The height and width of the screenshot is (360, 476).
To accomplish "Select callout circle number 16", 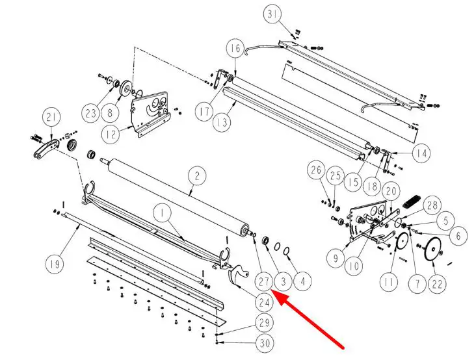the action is click(x=235, y=49).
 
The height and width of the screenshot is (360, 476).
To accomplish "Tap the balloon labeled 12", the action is click(x=111, y=134).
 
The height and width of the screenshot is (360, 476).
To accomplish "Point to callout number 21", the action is click(x=51, y=117).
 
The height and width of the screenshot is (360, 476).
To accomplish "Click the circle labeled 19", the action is click(x=55, y=264).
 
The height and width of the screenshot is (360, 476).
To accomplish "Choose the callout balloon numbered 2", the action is click(x=197, y=176).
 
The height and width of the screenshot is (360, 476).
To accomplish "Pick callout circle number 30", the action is click(x=265, y=343).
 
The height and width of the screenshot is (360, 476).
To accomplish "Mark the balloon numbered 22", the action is click(x=437, y=284).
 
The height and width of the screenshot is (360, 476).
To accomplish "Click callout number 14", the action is click(x=421, y=153).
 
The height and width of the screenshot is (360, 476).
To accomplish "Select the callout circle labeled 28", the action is click(x=432, y=205).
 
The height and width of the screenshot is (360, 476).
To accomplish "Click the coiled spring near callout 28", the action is click(x=412, y=202).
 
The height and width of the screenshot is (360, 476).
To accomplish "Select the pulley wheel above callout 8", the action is click(x=126, y=88).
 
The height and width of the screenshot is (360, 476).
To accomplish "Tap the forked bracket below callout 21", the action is click(x=46, y=149).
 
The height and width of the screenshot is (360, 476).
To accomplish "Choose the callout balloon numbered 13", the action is click(x=222, y=123).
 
